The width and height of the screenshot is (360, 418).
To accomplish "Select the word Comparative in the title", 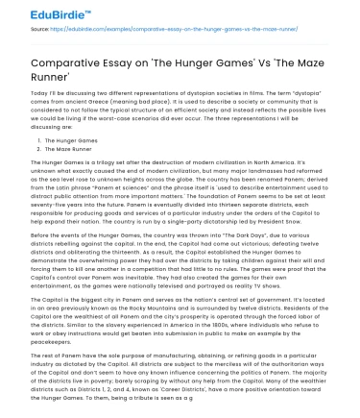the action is point(59,59).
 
